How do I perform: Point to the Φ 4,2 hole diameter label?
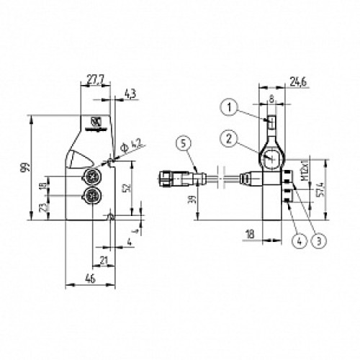(x=129, y=146)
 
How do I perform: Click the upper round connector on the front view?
(x=92, y=176)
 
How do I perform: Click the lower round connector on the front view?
(x=92, y=196)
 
